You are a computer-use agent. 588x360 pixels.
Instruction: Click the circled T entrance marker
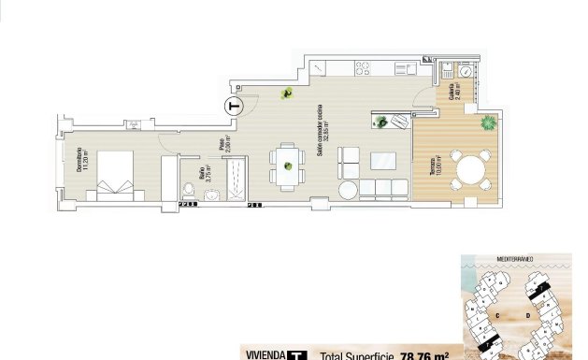point(235,106)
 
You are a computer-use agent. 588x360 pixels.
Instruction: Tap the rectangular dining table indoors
point(287,166)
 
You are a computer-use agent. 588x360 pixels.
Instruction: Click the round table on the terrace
point(470,170)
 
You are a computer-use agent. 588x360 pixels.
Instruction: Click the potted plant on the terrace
point(487,122)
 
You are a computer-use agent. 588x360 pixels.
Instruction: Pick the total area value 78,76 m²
point(425,355)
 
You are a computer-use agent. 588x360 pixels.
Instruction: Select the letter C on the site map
point(498,316)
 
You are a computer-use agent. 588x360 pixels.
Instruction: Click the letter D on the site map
point(529,316)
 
